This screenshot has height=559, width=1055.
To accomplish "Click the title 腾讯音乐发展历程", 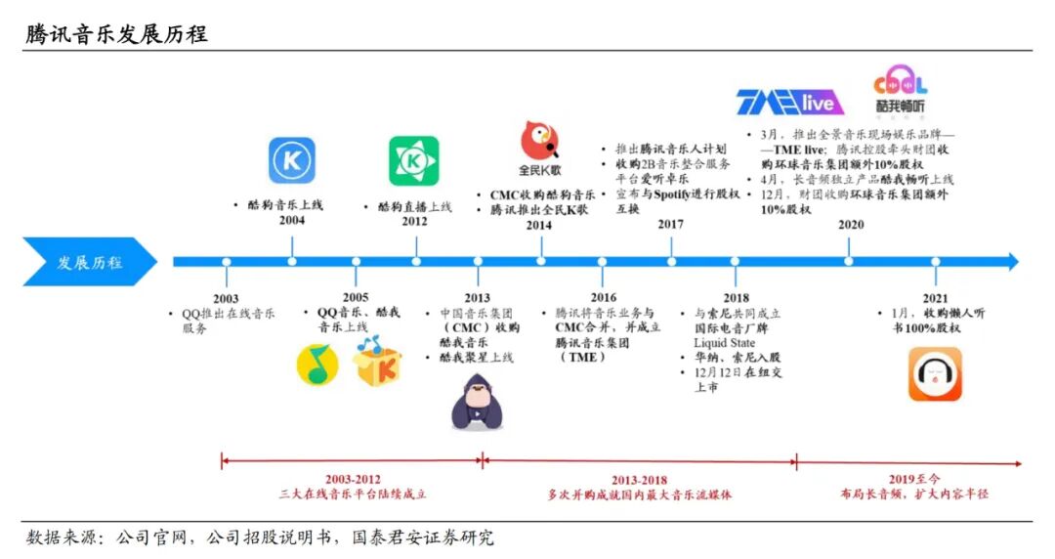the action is pyautogui.click(x=116, y=34).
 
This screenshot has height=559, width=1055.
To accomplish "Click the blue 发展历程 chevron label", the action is pyautogui.click(x=90, y=262).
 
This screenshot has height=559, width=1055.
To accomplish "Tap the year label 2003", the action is pyautogui.click(x=225, y=298).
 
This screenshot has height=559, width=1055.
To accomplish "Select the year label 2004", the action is pyautogui.click(x=291, y=221).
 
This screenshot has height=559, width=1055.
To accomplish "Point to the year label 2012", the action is pyautogui.click(x=414, y=222).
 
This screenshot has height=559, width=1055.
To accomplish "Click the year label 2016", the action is pyautogui.click(x=603, y=297).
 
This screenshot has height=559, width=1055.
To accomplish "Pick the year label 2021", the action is pyautogui.click(x=934, y=297).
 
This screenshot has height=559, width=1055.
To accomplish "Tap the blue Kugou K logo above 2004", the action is pyautogui.click(x=292, y=161).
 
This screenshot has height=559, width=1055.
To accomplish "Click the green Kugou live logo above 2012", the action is pyautogui.click(x=414, y=161).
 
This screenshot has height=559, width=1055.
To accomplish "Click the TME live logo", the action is pyautogui.click(x=785, y=101).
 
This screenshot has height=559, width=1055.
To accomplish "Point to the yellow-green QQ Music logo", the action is pyautogui.click(x=317, y=365).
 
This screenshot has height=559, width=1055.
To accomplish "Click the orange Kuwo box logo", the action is pyautogui.click(x=376, y=363).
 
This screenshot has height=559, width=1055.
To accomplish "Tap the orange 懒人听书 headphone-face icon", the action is pyautogui.click(x=935, y=375).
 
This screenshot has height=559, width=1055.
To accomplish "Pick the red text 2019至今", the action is pyautogui.click(x=913, y=480).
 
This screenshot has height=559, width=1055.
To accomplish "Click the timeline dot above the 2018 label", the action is pyautogui.click(x=735, y=262).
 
